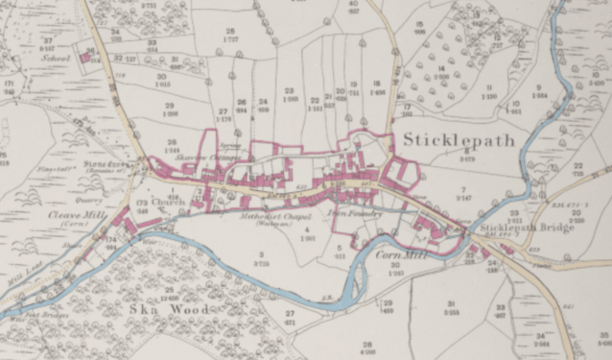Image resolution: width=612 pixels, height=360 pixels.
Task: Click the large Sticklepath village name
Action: pyautogui.click(x=458, y=140)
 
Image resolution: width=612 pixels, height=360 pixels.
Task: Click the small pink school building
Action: pyautogui.click(x=85, y=58)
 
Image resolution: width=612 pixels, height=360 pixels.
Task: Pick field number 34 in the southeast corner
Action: pyautogui.click(x=542, y=336)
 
